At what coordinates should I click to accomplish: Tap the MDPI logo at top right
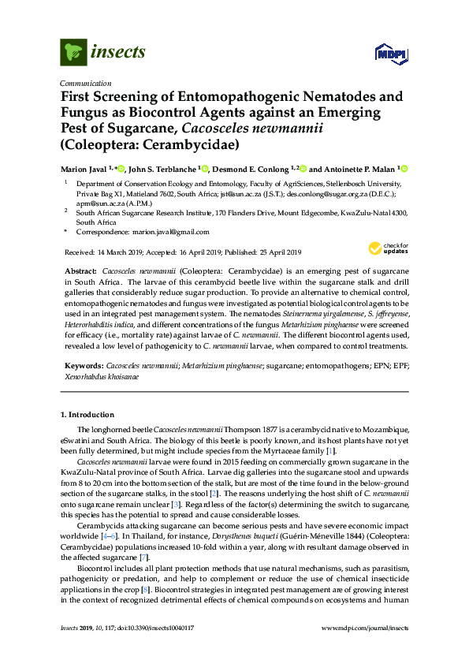coord(390,53)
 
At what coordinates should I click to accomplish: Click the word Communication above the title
coord(85,83)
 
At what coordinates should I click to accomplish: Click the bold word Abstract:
coord(80,270)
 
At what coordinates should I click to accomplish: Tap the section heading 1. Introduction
coord(88,414)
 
